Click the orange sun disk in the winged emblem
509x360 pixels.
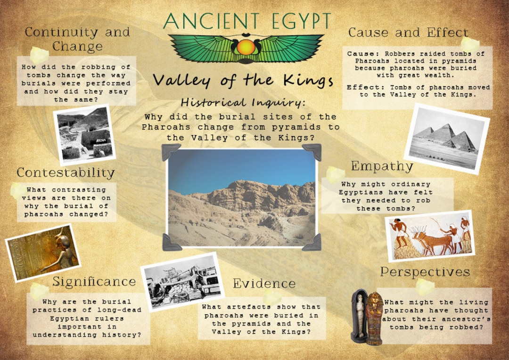coord(246,47)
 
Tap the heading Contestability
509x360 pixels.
coord(66,173)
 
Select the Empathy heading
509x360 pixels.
coord(382,166)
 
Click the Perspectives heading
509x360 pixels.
coord(425,272)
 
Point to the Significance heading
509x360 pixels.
coord(94,282)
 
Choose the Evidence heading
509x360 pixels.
coord(264,283)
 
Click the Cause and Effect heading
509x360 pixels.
coord(408,33)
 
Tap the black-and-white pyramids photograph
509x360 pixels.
coord(446,138)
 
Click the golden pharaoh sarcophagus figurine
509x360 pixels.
coord(374,318)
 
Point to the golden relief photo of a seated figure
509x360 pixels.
coord(42,253)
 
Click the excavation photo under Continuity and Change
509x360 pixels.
coord(85,134)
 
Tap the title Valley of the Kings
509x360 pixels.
coord(243,80)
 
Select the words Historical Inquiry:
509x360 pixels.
coord(244,102)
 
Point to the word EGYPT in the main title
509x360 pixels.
coord(296,21)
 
